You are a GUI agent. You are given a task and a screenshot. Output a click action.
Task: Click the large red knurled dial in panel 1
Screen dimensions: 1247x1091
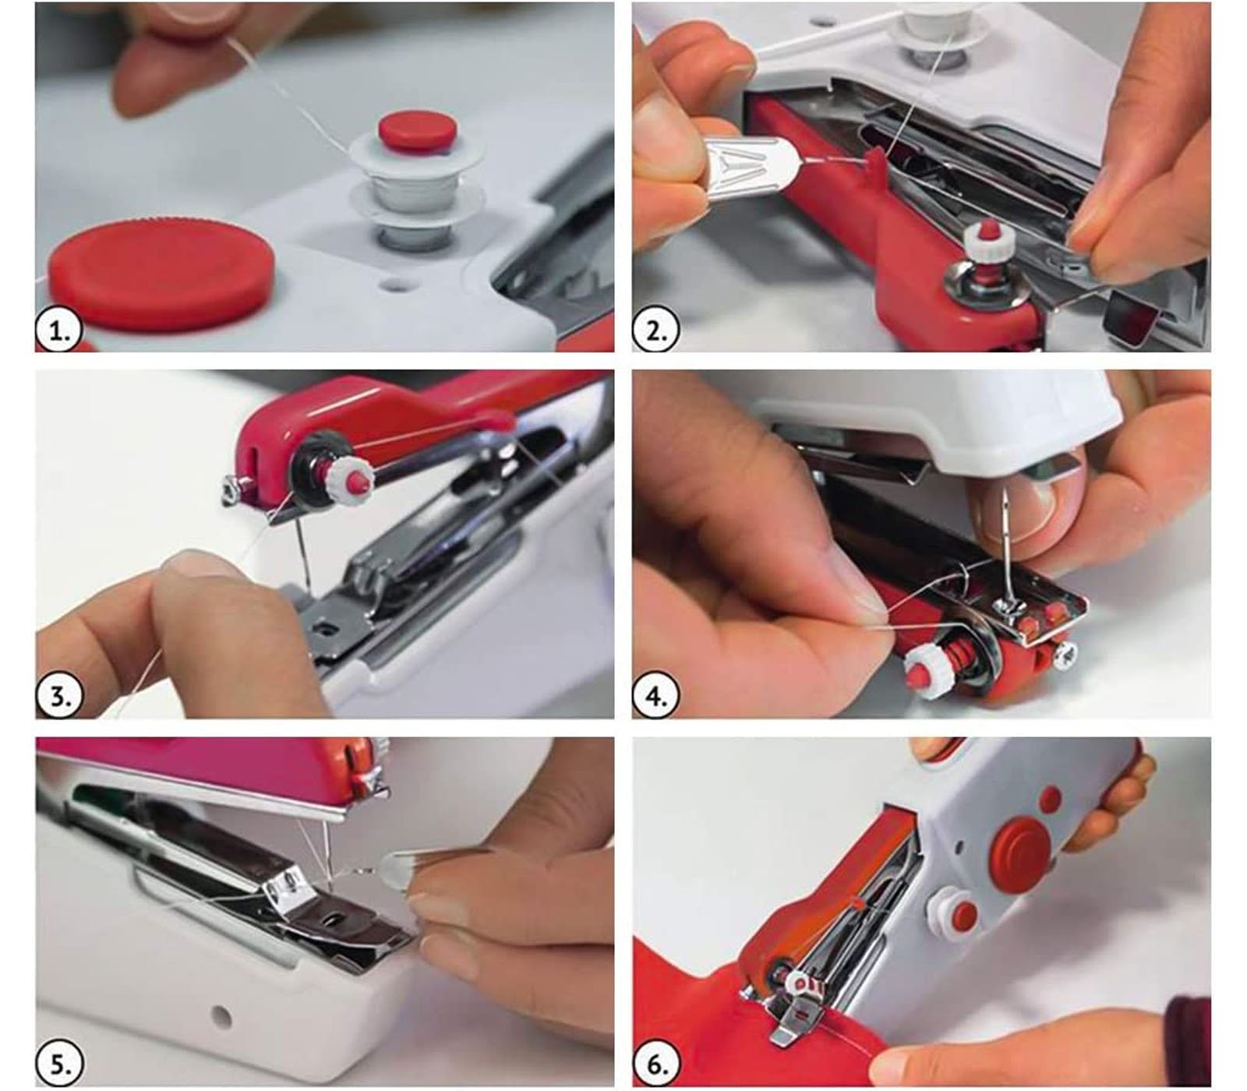161,266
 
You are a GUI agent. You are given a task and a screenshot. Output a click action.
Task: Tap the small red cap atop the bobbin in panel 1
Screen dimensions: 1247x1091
415,130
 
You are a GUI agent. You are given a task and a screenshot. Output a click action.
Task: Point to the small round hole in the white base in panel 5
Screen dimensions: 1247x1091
223,1015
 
